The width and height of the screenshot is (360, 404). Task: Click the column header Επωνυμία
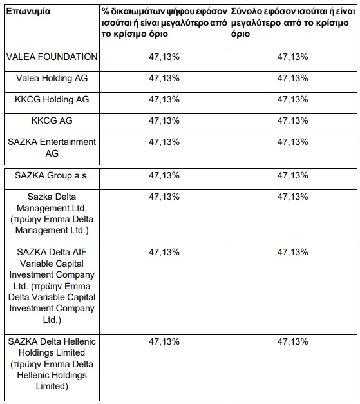tap(28, 12)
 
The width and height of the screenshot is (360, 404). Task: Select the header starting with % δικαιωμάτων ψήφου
tap(164, 23)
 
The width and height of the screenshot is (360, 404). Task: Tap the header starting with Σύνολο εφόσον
tap(293, 23)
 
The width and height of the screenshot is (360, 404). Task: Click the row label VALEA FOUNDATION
tap(52, 57)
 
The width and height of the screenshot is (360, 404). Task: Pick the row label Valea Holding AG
tap(52, 78)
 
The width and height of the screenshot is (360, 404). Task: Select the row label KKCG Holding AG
tap(52, 99)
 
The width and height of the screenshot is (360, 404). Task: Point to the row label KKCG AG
tap(52, 120)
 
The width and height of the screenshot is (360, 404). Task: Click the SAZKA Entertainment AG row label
tap(52, 148)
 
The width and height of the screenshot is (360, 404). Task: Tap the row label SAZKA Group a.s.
tap(52, 175)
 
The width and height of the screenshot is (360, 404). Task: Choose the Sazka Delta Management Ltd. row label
tap(52, 213)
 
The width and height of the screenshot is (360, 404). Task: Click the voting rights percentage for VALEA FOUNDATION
tap(164, 57)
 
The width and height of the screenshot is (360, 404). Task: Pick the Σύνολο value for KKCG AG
tap(292, 120)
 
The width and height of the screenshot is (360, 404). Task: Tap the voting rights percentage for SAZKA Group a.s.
tap(164, 175)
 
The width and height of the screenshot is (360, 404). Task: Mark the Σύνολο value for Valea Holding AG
tap(292, 78)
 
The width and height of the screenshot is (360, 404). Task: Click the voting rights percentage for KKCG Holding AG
tap(164, 99)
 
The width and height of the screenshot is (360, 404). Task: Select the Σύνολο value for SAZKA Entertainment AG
tap(292, 142)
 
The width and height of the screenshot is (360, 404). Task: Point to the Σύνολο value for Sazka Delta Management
tap(292, 197)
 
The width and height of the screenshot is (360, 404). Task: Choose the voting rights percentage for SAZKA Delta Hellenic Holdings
tap(164, 341)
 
